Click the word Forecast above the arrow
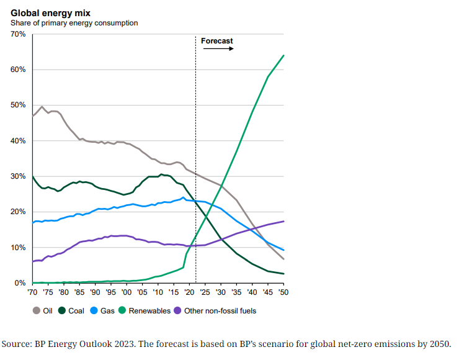[x=217, y=41]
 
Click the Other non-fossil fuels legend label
[x=221, y=311]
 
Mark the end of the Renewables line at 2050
[x=283, y=55]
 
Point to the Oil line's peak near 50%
[x=42, y=106]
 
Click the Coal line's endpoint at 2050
[x=283, y=274]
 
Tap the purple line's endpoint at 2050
[x=283, y=222]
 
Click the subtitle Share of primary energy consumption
[x=74, y=23]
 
